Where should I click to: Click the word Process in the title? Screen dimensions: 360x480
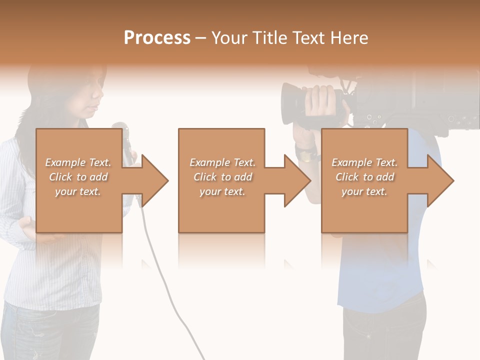(x=157, y=38)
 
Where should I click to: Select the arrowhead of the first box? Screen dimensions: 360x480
(x=154, y=181)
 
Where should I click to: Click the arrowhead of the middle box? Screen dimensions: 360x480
(x=296, y=181)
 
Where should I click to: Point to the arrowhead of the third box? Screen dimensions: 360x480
(x=439, y=181)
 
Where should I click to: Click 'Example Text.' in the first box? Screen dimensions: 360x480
(x=78, y=162)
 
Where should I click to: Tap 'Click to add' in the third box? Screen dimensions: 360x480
(x=365, y=177)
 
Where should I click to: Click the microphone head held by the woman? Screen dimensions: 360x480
(x=120, y=131)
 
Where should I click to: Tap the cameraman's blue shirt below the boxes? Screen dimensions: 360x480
(x=380, y=270)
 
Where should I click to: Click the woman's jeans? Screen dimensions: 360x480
(x=50, y=332)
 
